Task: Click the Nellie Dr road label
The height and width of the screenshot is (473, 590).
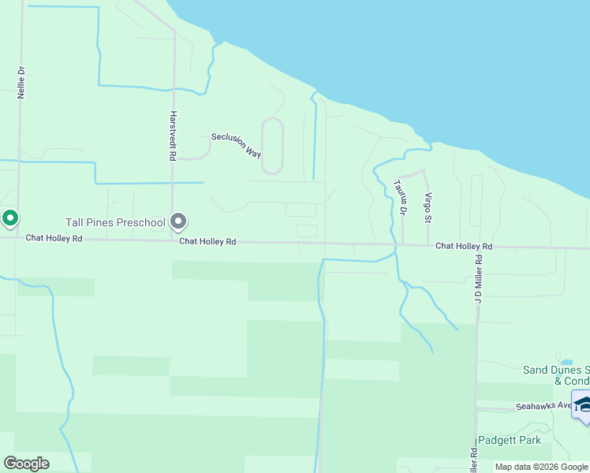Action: point(22,81)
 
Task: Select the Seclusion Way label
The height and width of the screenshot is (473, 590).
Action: point(236,144)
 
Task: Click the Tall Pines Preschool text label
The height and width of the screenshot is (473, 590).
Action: point(114,222)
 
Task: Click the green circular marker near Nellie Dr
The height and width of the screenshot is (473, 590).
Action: point(10,218)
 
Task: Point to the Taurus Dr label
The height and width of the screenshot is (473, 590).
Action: point(399,197)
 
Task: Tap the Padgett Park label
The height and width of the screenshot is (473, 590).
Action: point(510,440)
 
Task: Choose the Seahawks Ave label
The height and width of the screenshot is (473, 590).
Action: point(543,406)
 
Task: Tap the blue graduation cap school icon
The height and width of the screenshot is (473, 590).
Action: point(583,405)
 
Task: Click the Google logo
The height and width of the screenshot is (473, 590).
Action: point(26,464)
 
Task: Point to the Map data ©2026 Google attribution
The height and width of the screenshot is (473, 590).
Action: point(541,467)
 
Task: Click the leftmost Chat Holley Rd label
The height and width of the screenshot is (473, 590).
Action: point(54,237)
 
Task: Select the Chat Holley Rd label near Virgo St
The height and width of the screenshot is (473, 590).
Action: point(464,247)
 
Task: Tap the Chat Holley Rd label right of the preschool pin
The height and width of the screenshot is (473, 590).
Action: point(207,241)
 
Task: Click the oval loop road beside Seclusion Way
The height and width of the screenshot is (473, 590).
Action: point(272,146)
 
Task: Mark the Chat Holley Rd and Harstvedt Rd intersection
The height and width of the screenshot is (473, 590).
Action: point(173,240)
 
